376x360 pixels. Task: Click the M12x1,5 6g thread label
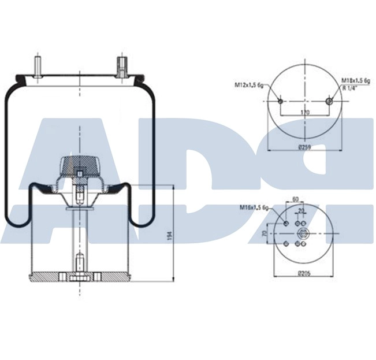tap(249, 85)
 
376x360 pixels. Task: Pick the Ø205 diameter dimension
tap(303, 273)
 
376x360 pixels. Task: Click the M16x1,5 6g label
tap(255, 207)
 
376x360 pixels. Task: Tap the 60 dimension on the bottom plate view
tap(296, 199)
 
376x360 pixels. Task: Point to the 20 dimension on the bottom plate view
tap(300, 211)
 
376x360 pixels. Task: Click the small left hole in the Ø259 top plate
tap(280, 101)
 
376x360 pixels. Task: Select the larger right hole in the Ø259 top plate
tap(330, 101)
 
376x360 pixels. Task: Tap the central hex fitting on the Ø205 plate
tap(304, 233)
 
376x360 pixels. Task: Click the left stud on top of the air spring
tap(38, 64)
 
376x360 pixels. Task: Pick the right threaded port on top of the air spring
tap(122, 66)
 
